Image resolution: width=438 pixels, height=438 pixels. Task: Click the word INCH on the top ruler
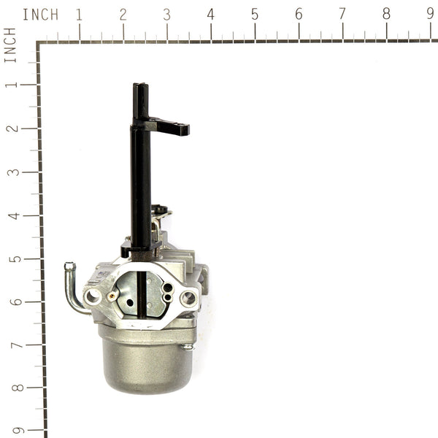pos(40,15)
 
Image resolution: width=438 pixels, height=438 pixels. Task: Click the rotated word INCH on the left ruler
pos(10,45)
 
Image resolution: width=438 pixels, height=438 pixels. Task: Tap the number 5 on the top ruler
pos(254,14)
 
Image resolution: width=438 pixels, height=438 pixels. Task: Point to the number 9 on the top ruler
pos(430,14)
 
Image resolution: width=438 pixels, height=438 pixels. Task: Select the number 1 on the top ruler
pos(79,14)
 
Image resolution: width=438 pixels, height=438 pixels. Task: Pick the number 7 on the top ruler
pos(342,14)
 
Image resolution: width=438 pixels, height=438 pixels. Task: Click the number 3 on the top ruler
pos(166,14)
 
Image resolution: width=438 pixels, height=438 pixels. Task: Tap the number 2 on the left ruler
pos(10,128)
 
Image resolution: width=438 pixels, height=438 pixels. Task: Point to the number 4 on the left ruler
pos(10,215)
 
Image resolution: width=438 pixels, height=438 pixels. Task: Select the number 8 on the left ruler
pos(10,388)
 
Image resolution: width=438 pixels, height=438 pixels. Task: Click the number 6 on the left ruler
pos(10,301)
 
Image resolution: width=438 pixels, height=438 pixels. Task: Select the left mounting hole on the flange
pos(93,296)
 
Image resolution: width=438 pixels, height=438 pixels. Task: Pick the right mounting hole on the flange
pos(188,297)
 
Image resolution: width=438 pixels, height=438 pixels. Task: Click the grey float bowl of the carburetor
pos(146,361)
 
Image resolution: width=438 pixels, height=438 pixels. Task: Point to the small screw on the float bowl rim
pos(188,346)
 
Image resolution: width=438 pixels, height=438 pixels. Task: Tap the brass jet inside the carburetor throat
pos(113,296)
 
